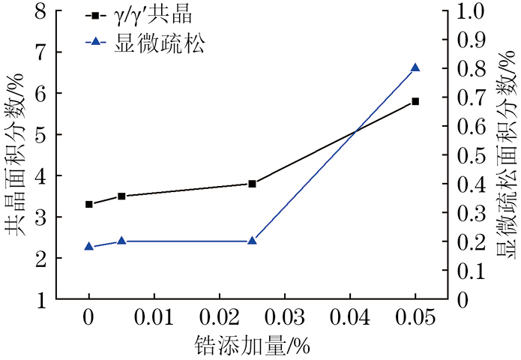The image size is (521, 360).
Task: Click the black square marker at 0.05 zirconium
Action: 415,101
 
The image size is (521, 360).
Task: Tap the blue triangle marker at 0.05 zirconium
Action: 415,68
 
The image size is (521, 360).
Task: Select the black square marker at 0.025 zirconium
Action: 252,184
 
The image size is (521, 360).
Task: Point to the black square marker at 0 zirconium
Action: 89,204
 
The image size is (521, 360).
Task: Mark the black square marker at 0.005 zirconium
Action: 121,196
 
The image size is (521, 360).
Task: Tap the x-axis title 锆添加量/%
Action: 252,346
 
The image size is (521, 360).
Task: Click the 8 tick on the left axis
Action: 59,11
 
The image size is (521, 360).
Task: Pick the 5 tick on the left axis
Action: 59,135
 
